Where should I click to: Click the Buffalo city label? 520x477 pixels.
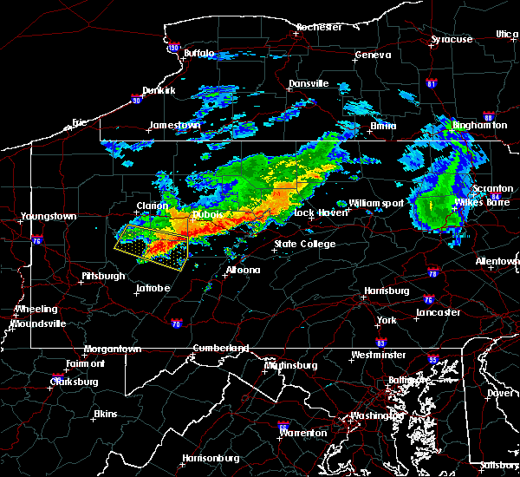pos(198,54)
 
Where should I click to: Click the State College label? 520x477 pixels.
pos(304,244)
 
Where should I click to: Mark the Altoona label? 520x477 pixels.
pos(242,270)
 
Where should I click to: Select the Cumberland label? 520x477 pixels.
pos(221,348)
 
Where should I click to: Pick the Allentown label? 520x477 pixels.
pos(497,261)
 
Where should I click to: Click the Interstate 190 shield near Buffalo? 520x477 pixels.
pos(173,48)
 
